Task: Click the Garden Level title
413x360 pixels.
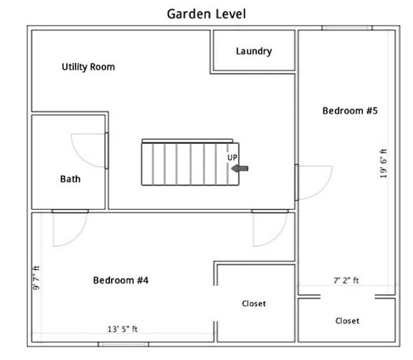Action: (207, 14)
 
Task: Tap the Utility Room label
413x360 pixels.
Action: (88, 67)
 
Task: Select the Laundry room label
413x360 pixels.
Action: (254, 51)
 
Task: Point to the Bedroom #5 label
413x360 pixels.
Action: (350, 110)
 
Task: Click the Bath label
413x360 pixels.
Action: (71, 179)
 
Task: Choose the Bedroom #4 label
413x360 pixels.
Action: (121, 280)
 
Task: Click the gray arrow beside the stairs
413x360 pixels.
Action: (240, 168)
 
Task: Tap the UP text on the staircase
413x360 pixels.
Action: (233, 157)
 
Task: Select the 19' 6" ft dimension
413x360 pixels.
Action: (384, 163)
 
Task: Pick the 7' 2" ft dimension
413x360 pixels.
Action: (346, 281)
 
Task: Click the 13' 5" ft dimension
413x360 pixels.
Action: (123, 329)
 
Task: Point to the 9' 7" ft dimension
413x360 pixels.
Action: (36, 278)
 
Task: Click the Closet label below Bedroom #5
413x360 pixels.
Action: (347, 321)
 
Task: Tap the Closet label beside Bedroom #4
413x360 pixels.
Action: (254, 303)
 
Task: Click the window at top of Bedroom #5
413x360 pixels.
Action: (347, 28)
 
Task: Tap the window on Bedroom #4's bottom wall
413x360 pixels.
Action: (123, 344)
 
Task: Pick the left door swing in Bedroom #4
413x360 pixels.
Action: (80, 235)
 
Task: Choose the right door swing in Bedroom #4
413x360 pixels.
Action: (280, 235)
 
